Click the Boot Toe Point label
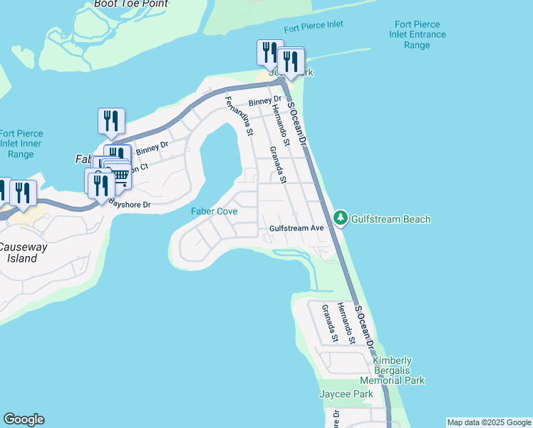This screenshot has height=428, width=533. (131, 4)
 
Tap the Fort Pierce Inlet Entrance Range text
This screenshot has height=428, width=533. (417, 34)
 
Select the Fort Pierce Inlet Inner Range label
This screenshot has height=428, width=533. (21, 143)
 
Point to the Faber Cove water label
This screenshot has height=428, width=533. (214, 212)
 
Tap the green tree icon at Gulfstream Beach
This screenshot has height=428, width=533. (341, 217)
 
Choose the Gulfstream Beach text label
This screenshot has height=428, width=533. (391, 219)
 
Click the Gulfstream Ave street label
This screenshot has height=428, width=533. (296, 228)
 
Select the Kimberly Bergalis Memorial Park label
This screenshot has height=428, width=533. (399, 370)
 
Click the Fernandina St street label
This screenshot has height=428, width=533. (238, 115)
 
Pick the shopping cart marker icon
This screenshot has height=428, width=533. (120, 175)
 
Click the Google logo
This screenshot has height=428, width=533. (24, 419)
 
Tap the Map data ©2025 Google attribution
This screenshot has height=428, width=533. (489, 422)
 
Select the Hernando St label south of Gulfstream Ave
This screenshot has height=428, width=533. (346, 323)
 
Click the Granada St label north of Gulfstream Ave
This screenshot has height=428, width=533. (277, 164)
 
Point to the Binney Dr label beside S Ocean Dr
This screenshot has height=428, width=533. (265, 102)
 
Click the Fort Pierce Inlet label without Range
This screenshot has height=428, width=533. (313, 25)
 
